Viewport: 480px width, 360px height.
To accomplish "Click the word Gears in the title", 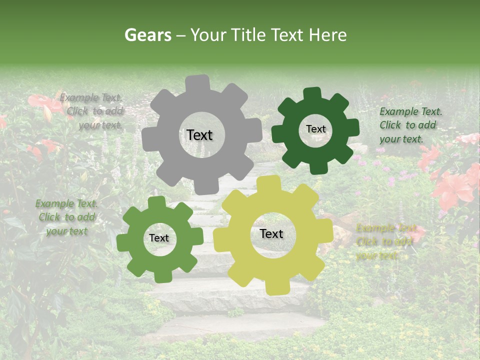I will pos(147,35).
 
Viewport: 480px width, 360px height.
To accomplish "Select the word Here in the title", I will pos(328,35).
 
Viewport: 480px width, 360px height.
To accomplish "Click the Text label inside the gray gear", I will pos(199,135).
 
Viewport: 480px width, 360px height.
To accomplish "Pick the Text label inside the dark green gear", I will pos(315,129).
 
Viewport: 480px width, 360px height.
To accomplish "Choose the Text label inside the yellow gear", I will pos(271,233).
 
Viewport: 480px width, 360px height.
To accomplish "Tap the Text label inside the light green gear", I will pos(159,238).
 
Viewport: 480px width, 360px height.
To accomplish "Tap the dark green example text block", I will pos(410,125).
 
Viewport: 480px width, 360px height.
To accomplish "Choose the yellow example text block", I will pos(385,242).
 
